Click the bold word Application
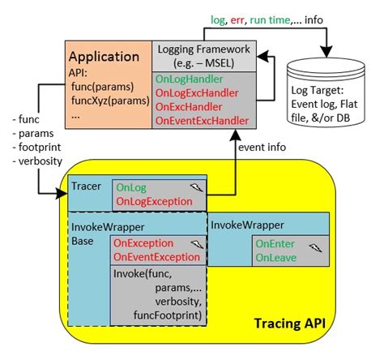tap(104, 57)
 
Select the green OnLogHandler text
tap(190, 79)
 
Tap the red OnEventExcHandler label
tap(202, 121)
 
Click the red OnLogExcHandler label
tap(197, 93)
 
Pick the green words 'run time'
tap(270, 20)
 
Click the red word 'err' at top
tap(237, 20)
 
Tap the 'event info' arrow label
tap(262, 148)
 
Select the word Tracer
tap(86, 186)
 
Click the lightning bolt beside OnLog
tap(197, 187)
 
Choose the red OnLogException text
tap(154, 202)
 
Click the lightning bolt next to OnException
tap(197, 244)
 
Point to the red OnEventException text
tap(156, 257)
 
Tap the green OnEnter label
tap(275, 244)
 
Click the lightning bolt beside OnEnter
tap(315, 247)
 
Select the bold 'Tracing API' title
tap(290, 324)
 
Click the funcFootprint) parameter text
tap(168, 315)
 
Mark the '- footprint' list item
tap(37, 148)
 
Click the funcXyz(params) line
tap(110, 101)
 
